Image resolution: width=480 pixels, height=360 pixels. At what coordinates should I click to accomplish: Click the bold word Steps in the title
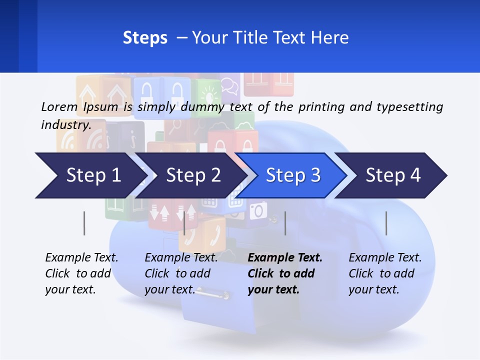[x=145, y=38]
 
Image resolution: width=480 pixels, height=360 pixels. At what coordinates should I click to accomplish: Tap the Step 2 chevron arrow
[x=193, y=175]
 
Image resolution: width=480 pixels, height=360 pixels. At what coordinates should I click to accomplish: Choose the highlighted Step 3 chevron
[x=293, y=175]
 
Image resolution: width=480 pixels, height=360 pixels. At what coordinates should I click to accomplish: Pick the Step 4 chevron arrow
[x=393, y=175]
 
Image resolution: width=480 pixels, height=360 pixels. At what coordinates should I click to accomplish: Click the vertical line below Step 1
[x=84, y=223]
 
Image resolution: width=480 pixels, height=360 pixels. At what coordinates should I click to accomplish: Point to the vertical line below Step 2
[x=184, y=223]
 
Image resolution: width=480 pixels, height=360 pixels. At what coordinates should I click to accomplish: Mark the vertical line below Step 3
[x=285, y=223]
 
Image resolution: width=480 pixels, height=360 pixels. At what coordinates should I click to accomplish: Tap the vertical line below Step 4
[x=386, y=223]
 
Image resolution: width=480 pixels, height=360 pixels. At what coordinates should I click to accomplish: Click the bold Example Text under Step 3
[x=285, y=258]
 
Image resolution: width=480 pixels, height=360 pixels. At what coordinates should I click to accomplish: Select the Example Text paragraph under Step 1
[x=81, y=273]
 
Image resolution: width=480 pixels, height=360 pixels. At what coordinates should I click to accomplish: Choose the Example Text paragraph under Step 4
[x=385, y=273]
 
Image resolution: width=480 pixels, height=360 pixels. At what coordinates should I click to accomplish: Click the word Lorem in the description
[x=59, y=107]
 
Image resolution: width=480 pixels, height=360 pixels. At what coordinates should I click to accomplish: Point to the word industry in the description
[x=65, y=125]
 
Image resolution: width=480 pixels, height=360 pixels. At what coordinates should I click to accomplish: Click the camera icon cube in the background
[x=258, y=210]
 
